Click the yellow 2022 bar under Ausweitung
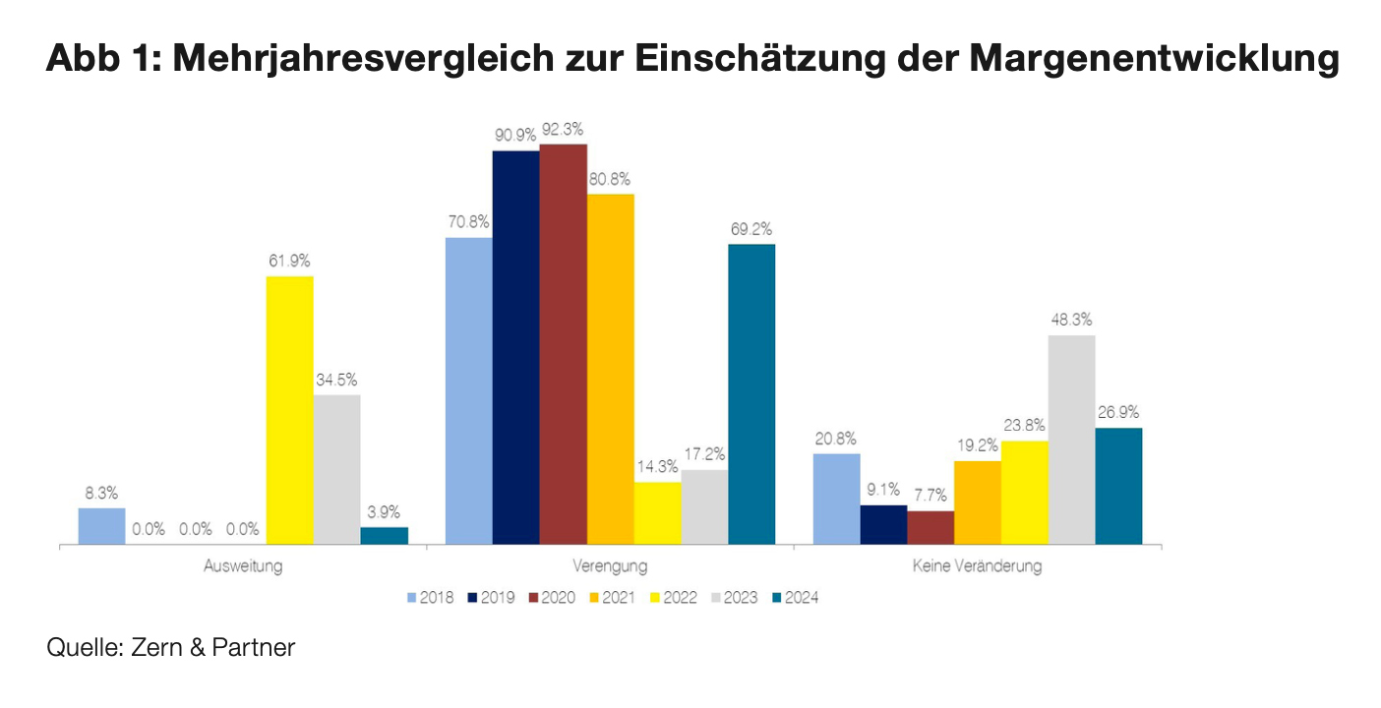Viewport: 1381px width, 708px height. pyautogui.click(x=290, y=410)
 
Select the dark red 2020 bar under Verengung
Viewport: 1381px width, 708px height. pyautogui.click(x=564, y=344)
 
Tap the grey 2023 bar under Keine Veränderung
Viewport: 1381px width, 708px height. pyautogui.click(x=1071, y=440)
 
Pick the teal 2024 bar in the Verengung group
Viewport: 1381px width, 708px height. pyautogui.click(x=751, y=393)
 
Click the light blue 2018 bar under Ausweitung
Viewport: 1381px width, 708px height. pyautogui.click(x=101, y=526)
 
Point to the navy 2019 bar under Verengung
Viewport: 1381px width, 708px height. pyautogui.click(x=516, y=347)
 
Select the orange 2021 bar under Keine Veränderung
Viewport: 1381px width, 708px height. pyautogui.click(x=977, y=502)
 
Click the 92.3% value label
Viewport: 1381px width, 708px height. pyautogui.click(x=563, y=129)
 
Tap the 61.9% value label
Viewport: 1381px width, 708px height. pyautogui.click(x=289, y=261)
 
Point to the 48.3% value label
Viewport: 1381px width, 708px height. pyautogui.click(x=1071, y=320)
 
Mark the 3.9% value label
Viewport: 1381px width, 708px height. pyautogui.click(x=384, y=511)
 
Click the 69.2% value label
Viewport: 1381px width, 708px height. pyautogui.click(x=751, y=228)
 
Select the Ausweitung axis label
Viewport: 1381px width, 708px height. pyautogui.click(x=243, y=567)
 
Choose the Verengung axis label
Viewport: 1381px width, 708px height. pyautogui.click(x=610, y=567)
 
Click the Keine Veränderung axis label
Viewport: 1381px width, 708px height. pyautogui.click(x=977, y=567)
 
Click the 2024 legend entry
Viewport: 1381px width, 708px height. pyautogui.click(x=795, y=597)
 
